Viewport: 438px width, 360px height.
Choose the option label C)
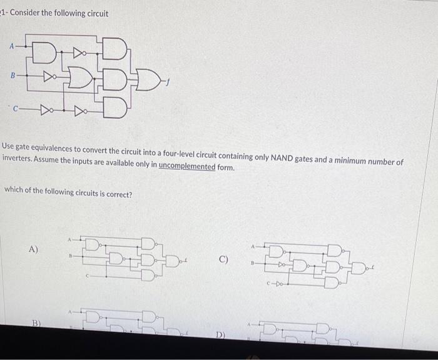tap(224, 259)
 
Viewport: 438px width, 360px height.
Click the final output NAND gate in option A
tap(171, 258)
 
